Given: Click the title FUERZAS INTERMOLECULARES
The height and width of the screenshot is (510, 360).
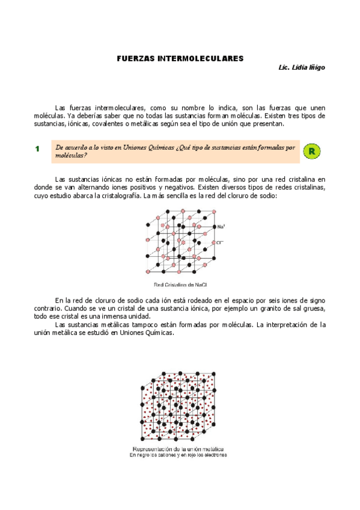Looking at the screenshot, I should click(180, 59).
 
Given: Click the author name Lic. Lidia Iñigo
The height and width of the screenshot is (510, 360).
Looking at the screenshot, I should click(301, 68).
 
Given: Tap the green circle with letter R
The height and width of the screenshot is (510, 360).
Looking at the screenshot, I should click(311, 151).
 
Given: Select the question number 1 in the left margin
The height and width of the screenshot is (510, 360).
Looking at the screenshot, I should click(37, 149).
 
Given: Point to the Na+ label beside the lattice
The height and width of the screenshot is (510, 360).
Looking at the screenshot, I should click(221, 227).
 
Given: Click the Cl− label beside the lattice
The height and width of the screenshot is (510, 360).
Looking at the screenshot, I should click(221, 243).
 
